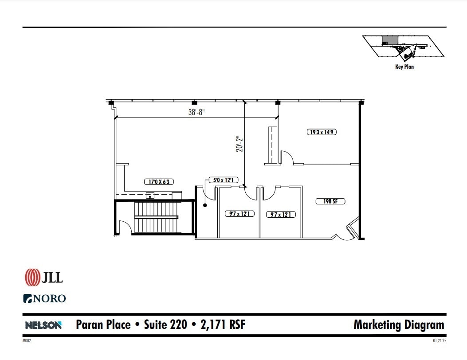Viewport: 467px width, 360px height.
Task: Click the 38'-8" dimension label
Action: point(196,113)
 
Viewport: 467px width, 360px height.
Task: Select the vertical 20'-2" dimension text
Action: point(240,144)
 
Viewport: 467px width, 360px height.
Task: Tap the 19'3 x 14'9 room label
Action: point(322,132)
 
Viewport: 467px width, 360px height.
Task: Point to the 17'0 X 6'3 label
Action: point(159,182)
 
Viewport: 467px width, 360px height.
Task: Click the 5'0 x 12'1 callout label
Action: point(224,180)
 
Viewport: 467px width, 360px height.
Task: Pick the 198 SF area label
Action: point(330,201)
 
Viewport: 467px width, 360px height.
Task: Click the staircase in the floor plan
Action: point(156,217)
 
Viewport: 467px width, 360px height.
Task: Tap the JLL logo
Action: point(44,277)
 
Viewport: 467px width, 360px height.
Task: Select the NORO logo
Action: point(44,298)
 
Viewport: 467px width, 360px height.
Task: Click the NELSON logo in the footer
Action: point(43,325)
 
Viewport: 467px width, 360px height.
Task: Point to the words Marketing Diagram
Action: point(398,325)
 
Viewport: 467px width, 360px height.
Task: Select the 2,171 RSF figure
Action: point(221,325)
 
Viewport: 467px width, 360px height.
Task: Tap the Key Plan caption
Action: point(404,67)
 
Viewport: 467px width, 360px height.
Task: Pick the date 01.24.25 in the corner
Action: point(439,341)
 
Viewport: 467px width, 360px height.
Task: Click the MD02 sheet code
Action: point(27,341)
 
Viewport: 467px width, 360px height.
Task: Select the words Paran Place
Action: point(103,325)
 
